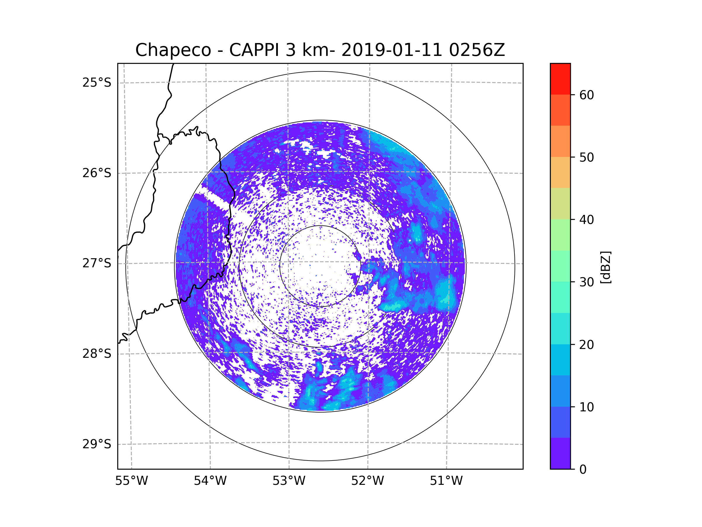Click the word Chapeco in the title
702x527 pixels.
coord(173,50)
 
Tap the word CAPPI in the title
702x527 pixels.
coord(254,50)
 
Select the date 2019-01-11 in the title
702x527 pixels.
coord(391,50)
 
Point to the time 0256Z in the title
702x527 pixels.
coord(476,50)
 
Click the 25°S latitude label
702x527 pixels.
coord(97,83)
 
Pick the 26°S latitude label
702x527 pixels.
coord(97,173)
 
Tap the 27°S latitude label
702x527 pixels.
coord(97,263)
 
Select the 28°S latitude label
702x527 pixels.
coord(97,354)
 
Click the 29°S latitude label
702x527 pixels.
coord(97,444)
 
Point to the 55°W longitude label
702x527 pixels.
coord(131,481)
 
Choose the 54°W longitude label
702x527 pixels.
coord(210,481)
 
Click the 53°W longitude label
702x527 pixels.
coord(289,481)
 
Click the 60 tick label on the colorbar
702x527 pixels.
coord(586,95)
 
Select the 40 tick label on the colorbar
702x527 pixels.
coord(586,220)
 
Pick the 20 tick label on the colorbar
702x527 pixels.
coord(586,345)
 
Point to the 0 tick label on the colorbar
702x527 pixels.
coord(583,470)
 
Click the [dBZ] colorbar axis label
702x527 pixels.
coord(605,267)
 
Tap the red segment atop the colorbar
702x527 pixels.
coord(560,79)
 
